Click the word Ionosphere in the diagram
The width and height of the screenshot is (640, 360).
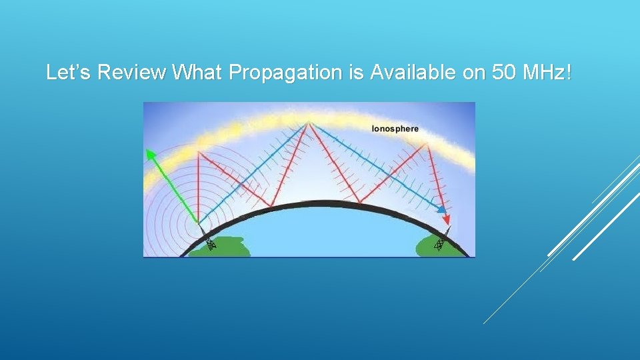[x=395, y=129]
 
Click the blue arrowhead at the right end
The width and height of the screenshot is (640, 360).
[x=441, y=210]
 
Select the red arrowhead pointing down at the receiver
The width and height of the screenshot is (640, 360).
[x=447, y=219]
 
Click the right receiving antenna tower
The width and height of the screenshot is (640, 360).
[x=439, y=244]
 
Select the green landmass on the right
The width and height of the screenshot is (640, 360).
[x=437, y=247]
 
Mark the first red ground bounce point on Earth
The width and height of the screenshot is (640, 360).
[x=271, y=206]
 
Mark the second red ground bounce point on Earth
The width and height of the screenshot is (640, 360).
[x=359, y=203]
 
